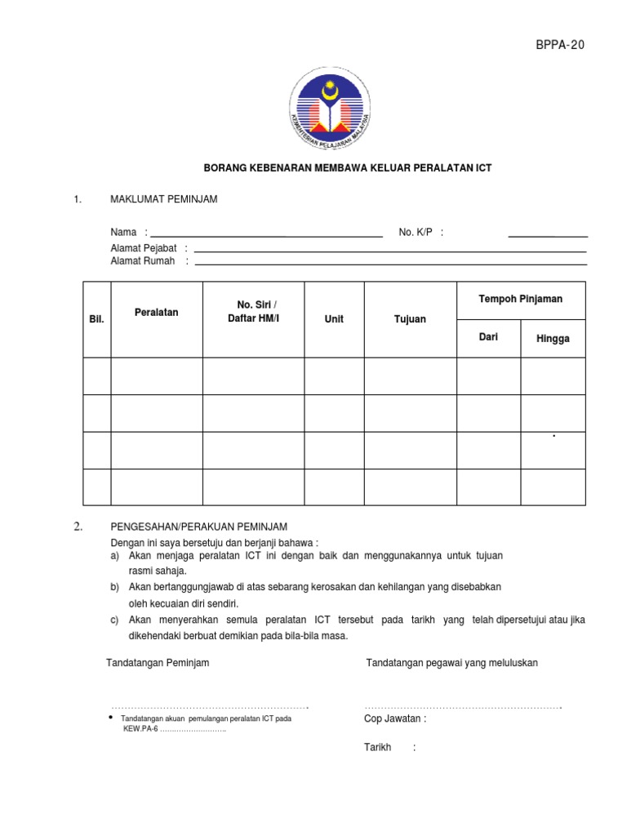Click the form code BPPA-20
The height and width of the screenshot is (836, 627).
[x=560, y=45]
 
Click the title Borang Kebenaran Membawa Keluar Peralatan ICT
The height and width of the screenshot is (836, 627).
[x=347, y=168]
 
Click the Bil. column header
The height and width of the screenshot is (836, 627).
[x=96, y=319]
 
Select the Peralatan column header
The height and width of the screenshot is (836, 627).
[x=156, y=313]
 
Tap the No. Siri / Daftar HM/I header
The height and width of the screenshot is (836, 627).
[x=253, y=311]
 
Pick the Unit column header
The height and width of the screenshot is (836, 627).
[x=334, y=319]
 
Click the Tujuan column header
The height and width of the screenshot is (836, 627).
[x=410, y=319]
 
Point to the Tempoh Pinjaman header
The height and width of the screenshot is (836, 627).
[x=520, y=300]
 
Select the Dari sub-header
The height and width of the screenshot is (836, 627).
[x=487, y=337]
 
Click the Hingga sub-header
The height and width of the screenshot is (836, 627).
[x=553, y=339]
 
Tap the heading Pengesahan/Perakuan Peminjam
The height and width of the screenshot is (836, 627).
[x=198, y=527]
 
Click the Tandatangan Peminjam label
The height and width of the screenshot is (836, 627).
[x=158, y=663]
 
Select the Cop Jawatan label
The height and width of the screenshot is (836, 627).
[x=394, y=719]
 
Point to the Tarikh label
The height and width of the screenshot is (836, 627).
[x=377, y=747]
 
